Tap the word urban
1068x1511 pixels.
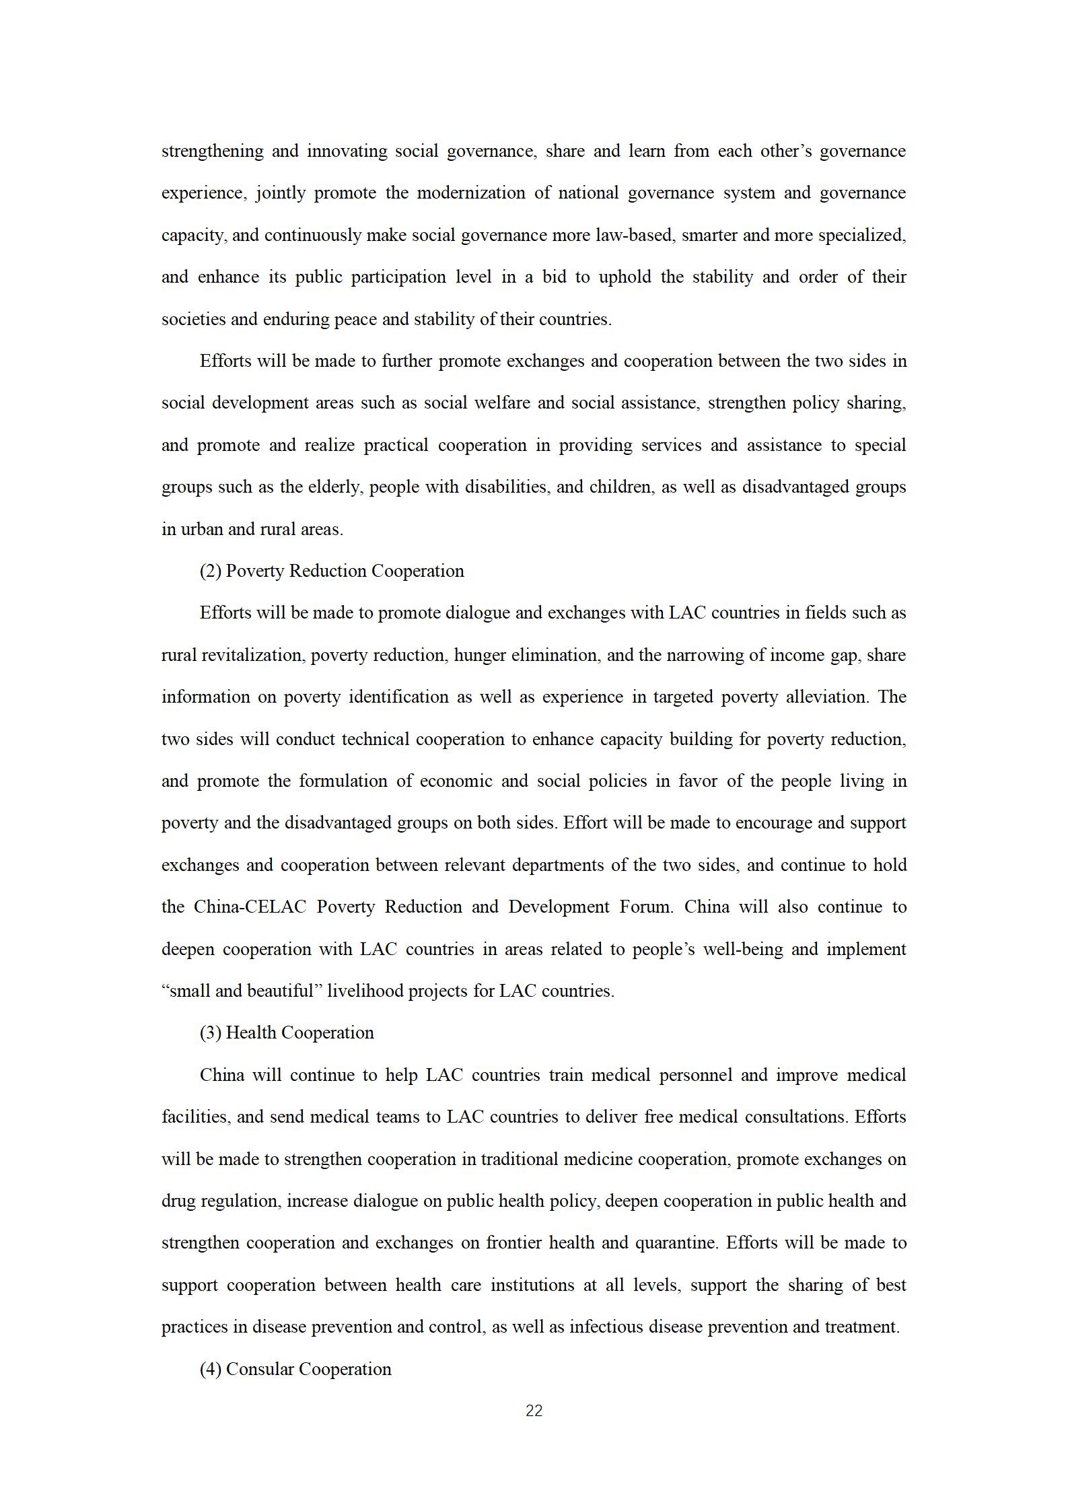click(x=203, y=529)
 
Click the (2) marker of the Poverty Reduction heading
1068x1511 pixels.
click(x=211, y=571)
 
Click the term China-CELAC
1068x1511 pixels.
click(x=250, y=907)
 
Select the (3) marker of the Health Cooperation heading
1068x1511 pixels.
click(x=211, y=1033)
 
